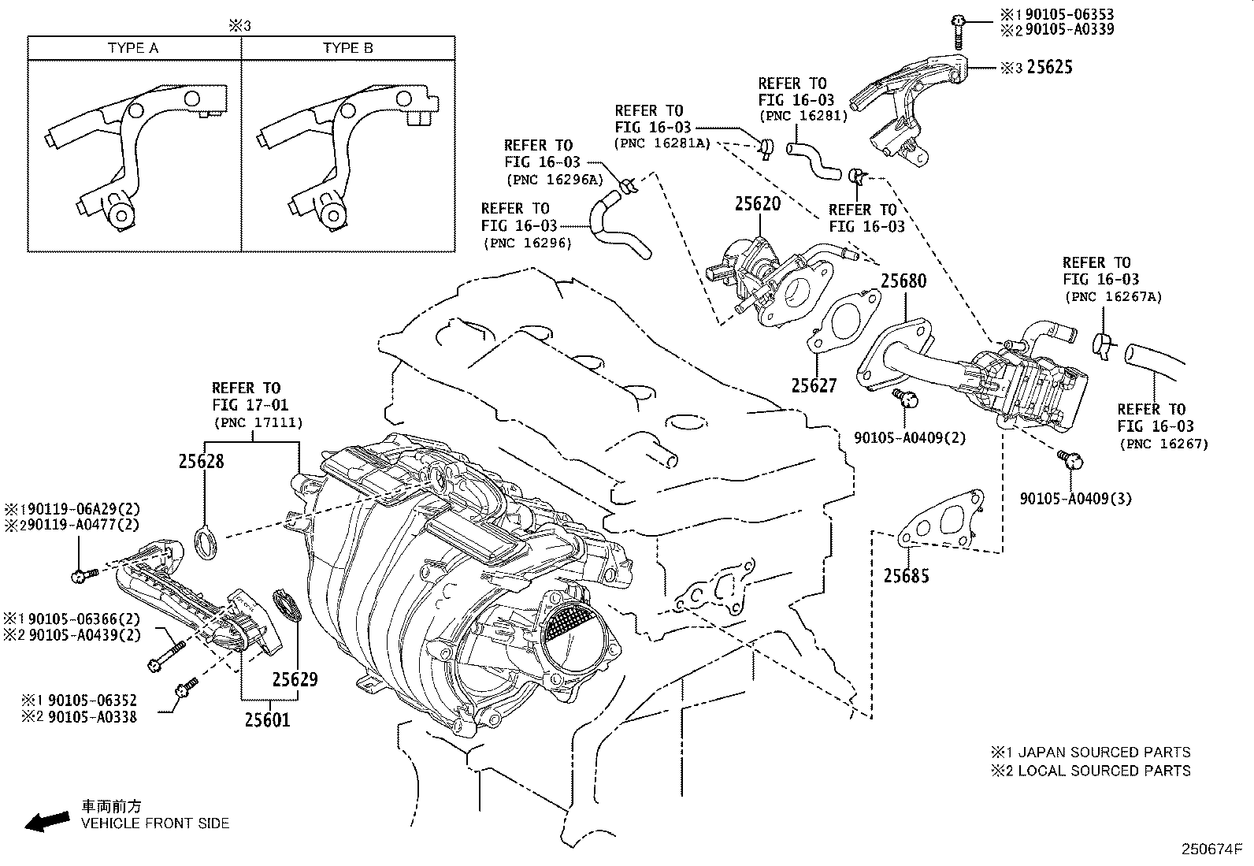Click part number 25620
point(757,204)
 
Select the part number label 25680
point(903,281)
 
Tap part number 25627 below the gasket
point(814,385)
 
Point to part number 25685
point(906,576)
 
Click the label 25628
point(201,461)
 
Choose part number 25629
point(295,679)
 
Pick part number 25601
point(267,719)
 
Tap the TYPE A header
point(133,48)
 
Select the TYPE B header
point(347,48)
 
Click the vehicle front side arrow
point(46,822)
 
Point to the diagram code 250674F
point(1210,849)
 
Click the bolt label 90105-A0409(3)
point(1075,499)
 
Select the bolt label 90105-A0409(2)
point(910,437)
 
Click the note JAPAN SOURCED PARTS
point(1104,752)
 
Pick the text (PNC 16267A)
point(1113,297)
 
